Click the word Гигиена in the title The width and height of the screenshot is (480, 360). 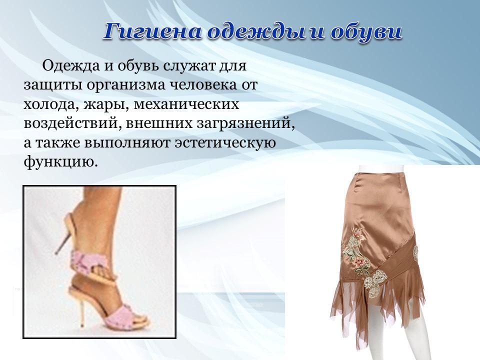153,31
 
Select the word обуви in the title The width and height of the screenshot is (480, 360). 366,31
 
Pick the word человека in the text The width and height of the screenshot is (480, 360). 202,85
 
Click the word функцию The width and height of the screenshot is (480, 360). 60,161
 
